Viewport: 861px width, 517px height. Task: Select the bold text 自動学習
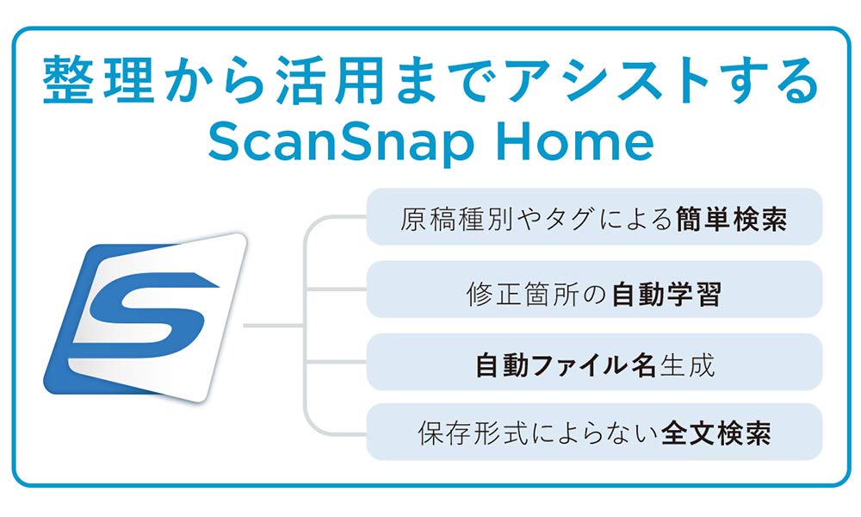(666, 294)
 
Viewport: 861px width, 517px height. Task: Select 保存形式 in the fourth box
(454, 432)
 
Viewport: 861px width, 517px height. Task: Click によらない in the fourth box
(586, 432)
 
